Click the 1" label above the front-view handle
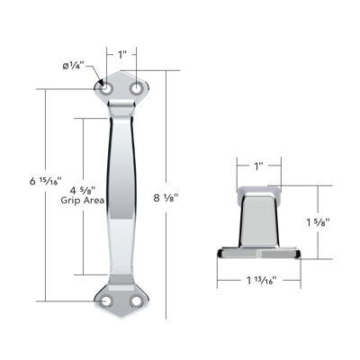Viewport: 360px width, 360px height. (121, 55)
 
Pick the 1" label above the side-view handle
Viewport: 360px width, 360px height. (259, 166)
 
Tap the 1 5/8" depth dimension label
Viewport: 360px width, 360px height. (320, 221)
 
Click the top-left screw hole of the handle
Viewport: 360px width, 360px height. (105, 90)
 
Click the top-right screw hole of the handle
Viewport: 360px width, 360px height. (137, 90)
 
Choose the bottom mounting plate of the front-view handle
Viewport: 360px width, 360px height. (121, 300)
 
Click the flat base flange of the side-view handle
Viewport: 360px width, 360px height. (259, 253)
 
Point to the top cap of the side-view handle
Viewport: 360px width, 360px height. (259, 191)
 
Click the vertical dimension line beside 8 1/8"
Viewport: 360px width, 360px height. (165, 135)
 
